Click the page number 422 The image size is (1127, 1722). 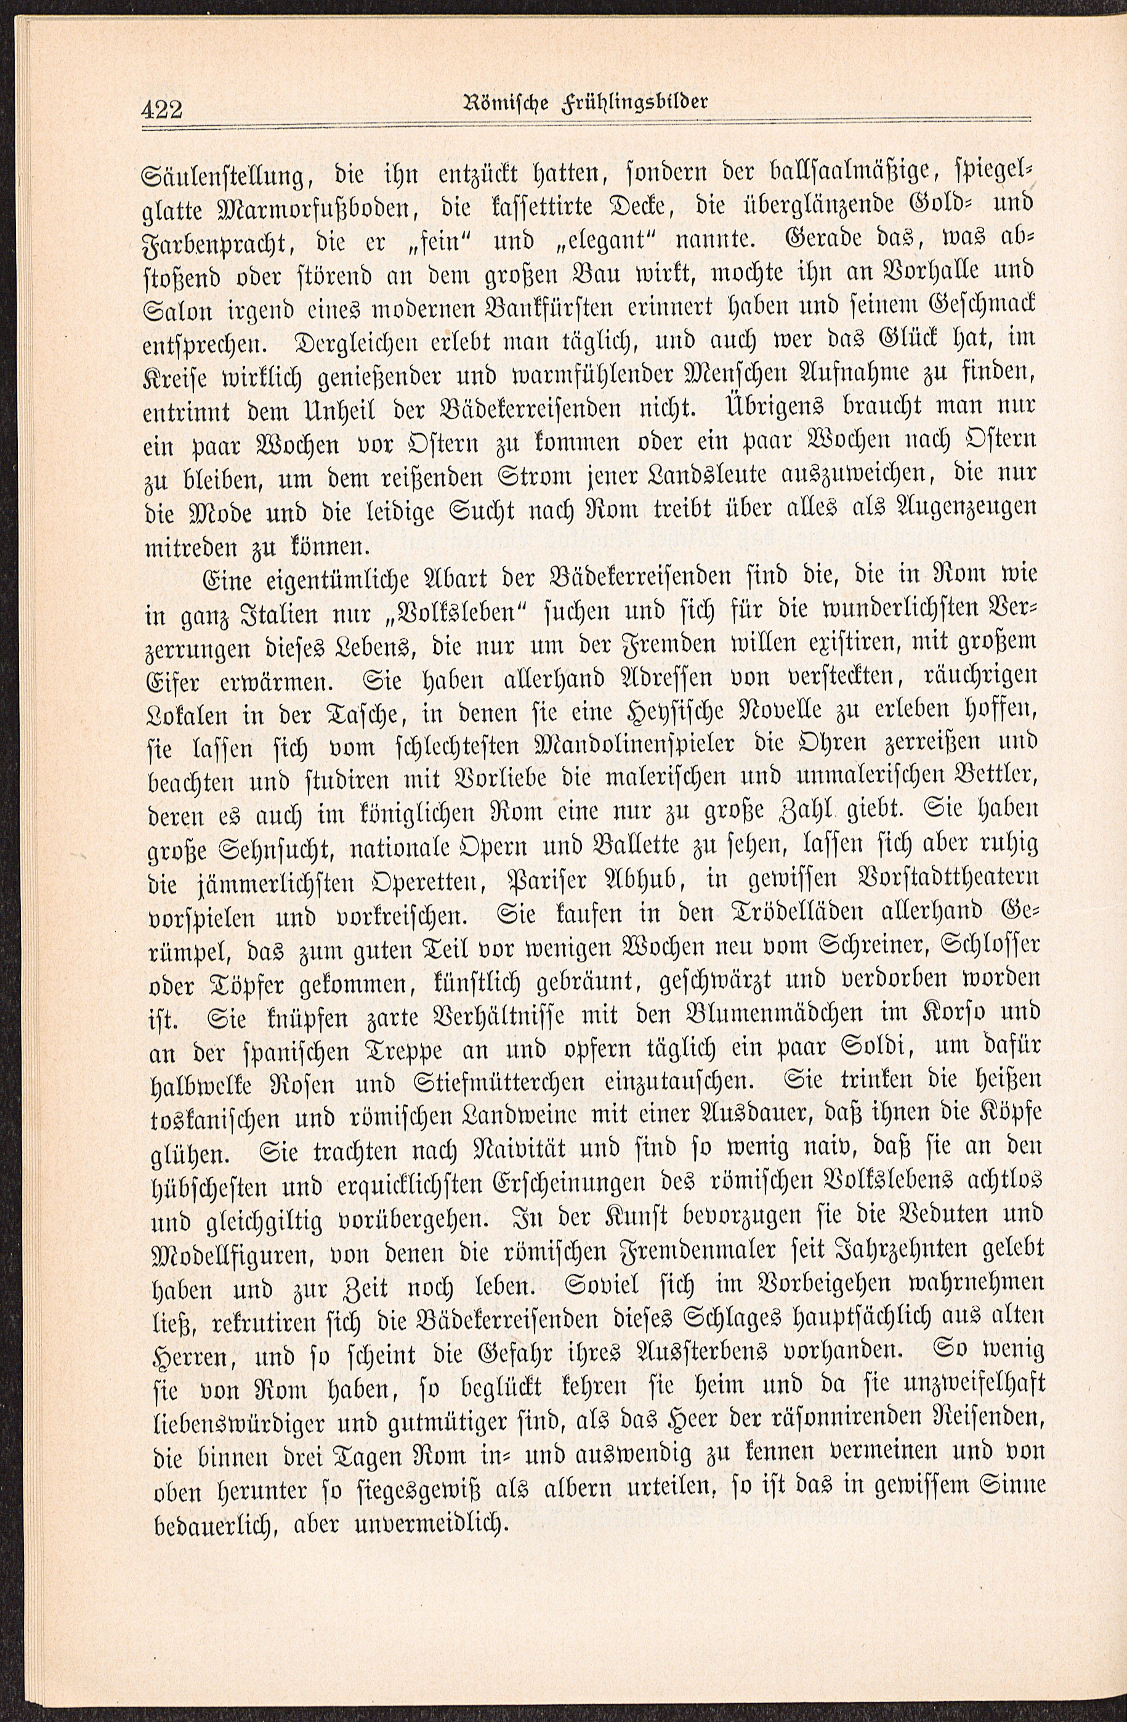[163, 111]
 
